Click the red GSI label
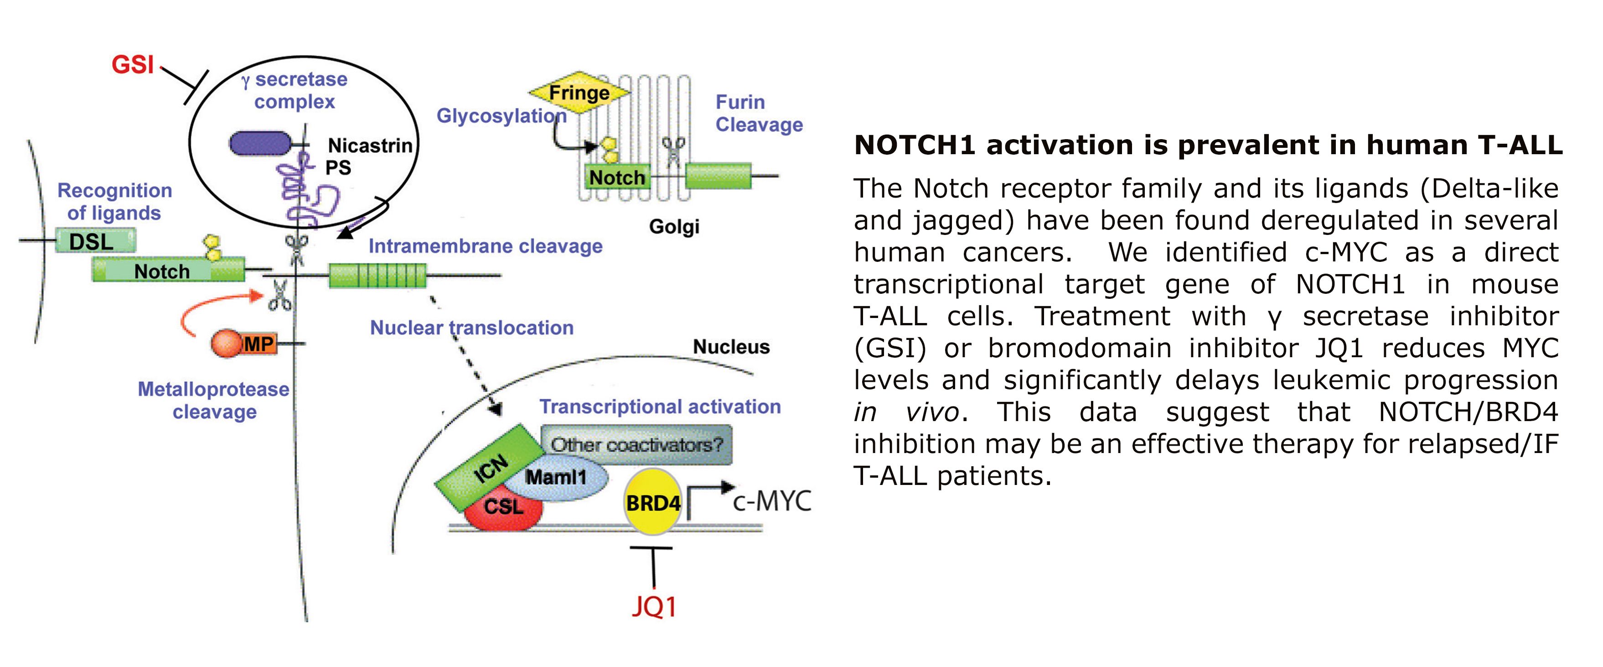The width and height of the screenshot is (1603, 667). [133, 64]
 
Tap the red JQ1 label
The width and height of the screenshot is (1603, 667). [653, 606]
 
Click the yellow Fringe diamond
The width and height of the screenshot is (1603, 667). [579, 93]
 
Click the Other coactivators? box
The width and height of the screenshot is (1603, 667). [636, 444]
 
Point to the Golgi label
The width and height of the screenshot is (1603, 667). [674, 226]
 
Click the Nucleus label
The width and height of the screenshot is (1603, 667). [731, 347]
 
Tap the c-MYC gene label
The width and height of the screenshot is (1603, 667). [771, 501]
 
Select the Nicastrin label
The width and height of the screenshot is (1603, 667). [370, 145]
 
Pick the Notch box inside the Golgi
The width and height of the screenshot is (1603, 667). [616, 177]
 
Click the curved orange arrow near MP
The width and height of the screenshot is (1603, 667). [205, 308]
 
